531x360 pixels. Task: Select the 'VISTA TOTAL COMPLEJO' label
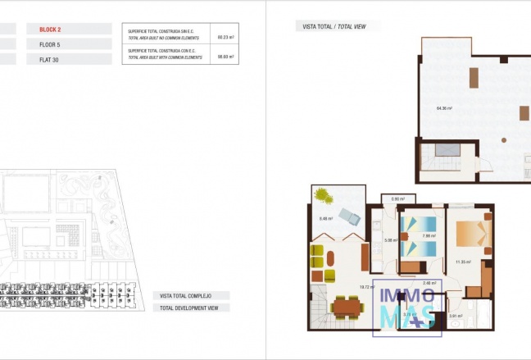pos(189,295)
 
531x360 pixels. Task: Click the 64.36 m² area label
pos(445,108)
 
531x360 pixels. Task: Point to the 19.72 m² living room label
pos(366,286)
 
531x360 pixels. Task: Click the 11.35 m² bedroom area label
pos(461,262)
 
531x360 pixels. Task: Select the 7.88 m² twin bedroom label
pos(426,236)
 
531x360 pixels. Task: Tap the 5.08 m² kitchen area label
pos(390,240)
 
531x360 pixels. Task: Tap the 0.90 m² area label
pos(398,199)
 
